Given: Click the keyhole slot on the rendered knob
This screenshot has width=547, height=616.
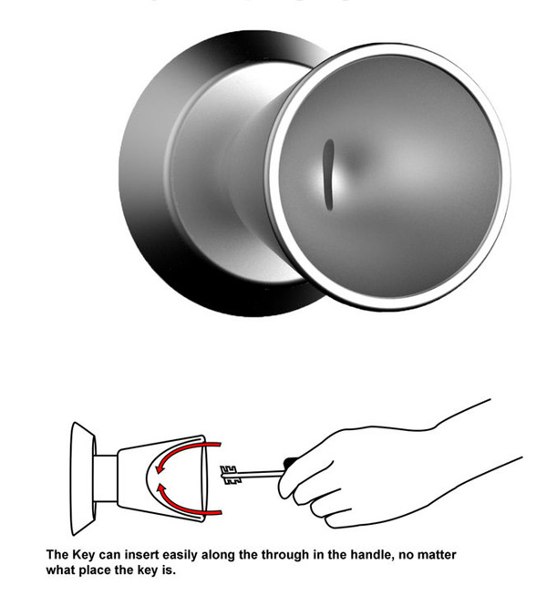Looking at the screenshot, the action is point(328,174).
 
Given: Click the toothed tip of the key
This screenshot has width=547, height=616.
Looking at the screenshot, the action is point(228,475).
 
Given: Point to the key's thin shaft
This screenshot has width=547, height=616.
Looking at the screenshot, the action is point(259,474).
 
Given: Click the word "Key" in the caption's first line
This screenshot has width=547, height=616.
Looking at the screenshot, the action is point(83,555).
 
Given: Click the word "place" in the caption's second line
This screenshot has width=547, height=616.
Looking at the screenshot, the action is point(96,570).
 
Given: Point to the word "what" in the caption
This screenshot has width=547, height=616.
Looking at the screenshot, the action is point(61,570).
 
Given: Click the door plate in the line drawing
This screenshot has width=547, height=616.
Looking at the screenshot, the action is point(83,478).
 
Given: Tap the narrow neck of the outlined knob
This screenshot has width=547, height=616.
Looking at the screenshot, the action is point(106,478).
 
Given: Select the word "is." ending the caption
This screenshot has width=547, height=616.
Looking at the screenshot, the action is point(169,570).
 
